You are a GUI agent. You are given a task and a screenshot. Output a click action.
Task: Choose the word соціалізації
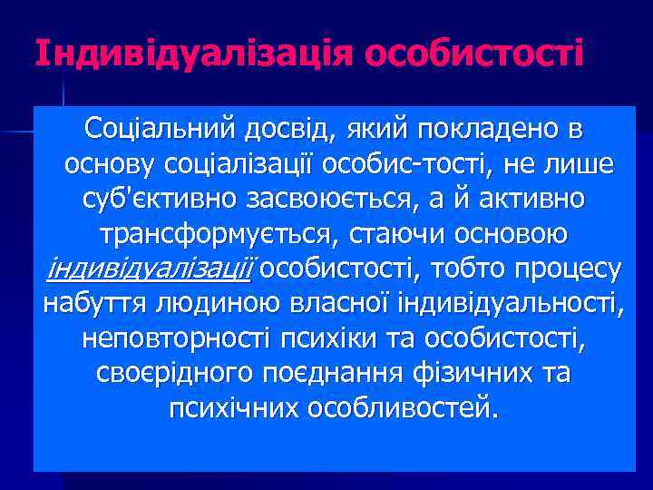pos(245,165)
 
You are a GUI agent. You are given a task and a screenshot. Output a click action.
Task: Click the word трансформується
pos(219,234)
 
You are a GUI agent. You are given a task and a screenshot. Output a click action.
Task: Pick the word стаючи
pos(392,234)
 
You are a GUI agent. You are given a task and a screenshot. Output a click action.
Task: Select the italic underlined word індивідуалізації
pos(151,269)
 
